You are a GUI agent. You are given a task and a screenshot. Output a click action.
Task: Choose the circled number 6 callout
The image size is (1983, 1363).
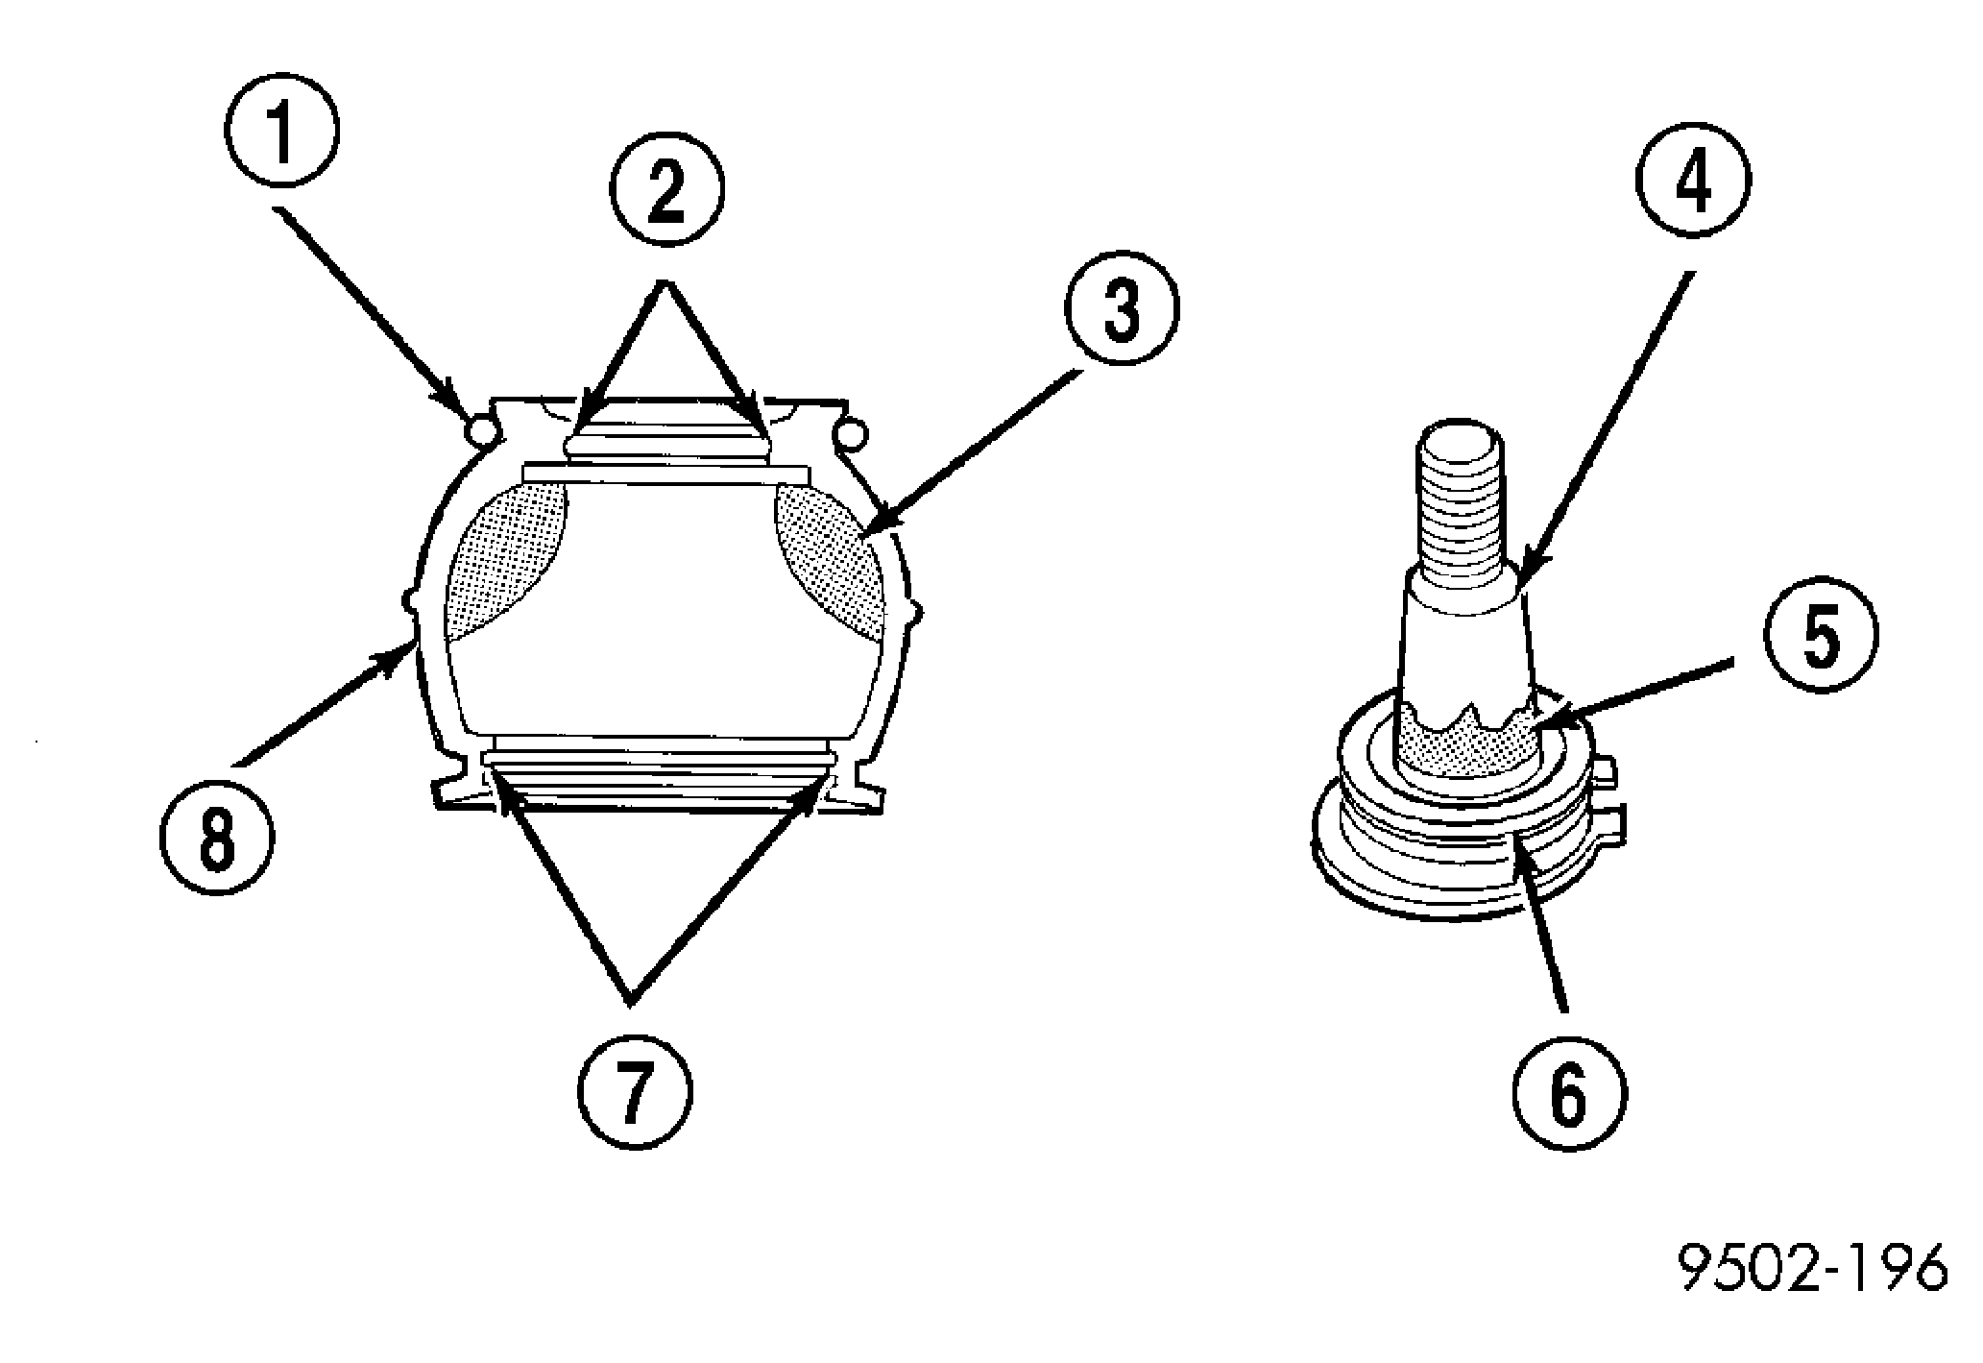click(x=1569, y=1095)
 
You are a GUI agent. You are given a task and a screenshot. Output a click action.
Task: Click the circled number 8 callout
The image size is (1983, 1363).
click(x=216, y=840)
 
